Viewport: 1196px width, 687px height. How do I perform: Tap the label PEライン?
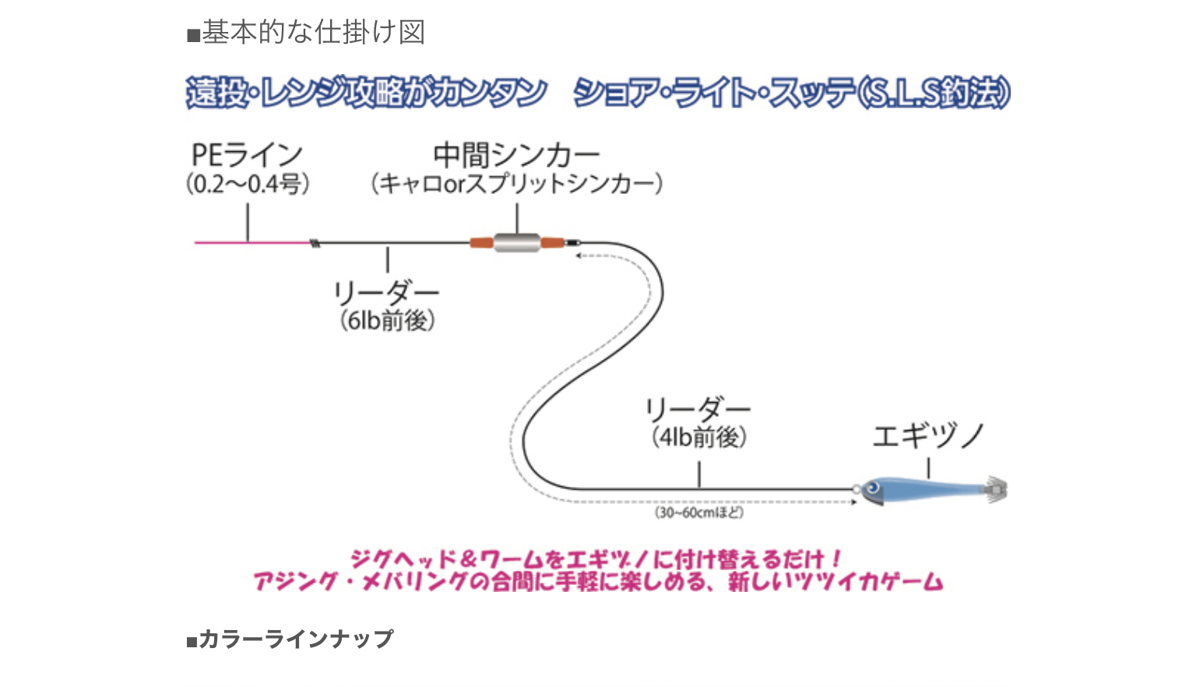(x=247, y=154)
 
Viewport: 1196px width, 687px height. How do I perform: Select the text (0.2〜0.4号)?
(x=248, y=184)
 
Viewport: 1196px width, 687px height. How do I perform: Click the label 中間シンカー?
(x=516, y=154)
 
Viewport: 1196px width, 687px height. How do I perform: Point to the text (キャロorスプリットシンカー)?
(x=516, y=184)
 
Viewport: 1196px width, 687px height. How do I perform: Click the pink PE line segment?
(x=249, y=242)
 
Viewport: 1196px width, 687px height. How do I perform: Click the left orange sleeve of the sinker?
(x=481, y=243)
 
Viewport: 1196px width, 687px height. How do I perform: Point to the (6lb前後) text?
(x=387, y=320)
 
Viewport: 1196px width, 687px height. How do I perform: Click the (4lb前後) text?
(x=698, y=437)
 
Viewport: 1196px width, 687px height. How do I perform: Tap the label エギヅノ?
(x=928, y=436)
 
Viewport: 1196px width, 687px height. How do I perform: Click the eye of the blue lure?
(x=873, y=488)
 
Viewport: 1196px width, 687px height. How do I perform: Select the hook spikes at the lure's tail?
(x=997, y=489)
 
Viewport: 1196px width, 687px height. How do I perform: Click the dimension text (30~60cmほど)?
(x=699, y=513)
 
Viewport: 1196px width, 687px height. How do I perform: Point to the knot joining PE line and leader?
(x=315, y=243)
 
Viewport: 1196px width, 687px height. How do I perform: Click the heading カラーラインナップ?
(x=295, y=639)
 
